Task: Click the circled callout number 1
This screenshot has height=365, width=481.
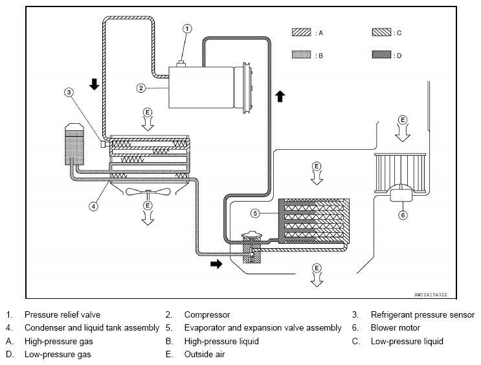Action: [x=187, y=29]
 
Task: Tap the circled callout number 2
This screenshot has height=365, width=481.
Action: [x=140, y=88]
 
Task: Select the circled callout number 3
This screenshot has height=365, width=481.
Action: [x=69, y=92]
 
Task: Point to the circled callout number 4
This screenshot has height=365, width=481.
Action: [x=94, y=206]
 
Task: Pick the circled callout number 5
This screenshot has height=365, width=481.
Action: [x=255, y=213]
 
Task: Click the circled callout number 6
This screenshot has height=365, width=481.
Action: [x=403, y=215]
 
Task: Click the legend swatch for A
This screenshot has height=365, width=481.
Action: [x=301, y=32]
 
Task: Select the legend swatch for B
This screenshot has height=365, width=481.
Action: [x=301, y=54]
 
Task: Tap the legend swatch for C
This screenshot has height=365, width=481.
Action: [x=381, y=32]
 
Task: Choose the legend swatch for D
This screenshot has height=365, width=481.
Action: [x=381, y=54]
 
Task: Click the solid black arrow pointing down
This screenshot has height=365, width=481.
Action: [x=94, y=84]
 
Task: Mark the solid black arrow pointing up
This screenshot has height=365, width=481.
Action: [x=280, y=96]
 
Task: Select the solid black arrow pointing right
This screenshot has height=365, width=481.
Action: [x=216, y=264]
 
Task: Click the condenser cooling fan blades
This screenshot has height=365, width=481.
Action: [x=148, y=192]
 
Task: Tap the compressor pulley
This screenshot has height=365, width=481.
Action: [x=247, y=88]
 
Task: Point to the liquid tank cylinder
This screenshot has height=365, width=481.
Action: [x=74, y=144]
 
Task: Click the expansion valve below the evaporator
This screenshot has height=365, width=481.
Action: [x=252, y=248]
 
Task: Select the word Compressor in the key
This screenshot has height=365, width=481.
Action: [x=207, y=315]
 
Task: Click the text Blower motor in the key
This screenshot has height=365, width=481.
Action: [x=396, y=328]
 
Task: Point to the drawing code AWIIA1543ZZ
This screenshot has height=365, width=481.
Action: [x=431, y=294]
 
